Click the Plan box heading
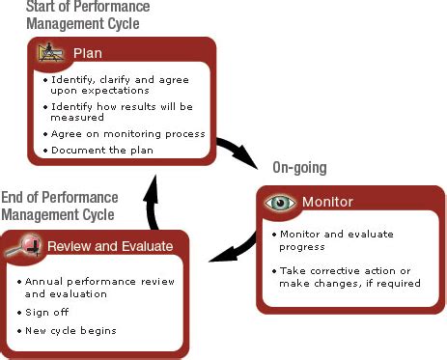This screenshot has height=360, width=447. click(x=88, y=53)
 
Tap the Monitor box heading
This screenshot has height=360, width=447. click(x=327, y=203)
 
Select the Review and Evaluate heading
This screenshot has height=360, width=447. click(x=109, y=245)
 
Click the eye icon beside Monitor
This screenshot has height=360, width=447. click(x=280, y=203)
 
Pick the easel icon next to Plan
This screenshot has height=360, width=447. click(x=48, y=53)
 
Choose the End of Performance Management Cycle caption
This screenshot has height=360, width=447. click(x=59, y=206)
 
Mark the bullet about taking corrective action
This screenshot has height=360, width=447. click(x=349, y=276)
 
